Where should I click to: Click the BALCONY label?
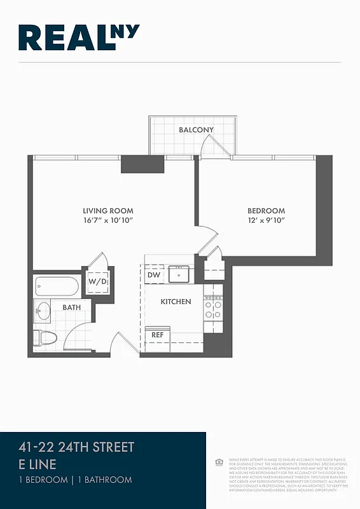click(196, 130)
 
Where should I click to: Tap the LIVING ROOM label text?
click(108, 211)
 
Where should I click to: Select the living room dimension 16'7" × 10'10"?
click(108, 220)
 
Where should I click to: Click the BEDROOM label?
click(266, 211)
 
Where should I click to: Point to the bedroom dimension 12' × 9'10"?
click(266, 220)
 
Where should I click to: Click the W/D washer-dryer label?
click(97, 281)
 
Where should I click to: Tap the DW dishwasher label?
click(153, 275)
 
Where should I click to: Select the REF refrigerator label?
click(156, 333)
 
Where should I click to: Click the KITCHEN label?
click(176, 302)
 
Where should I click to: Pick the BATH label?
click(71, 308)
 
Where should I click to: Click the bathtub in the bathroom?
click(57, 286)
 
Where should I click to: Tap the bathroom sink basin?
click(43, 312)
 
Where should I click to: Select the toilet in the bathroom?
click(46, 337)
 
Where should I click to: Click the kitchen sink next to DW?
click(180, 275)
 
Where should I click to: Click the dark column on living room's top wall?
click(143, 164)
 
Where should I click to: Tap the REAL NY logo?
click(79, 38)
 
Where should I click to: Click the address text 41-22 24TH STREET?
click(76, 447)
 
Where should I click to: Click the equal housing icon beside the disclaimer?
click(219, 461)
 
